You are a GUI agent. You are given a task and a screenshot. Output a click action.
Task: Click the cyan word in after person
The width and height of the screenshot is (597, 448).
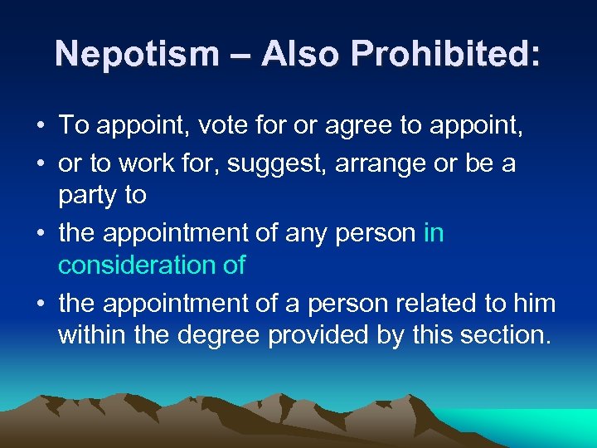434,233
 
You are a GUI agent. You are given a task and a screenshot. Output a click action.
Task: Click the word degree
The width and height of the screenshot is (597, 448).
211,337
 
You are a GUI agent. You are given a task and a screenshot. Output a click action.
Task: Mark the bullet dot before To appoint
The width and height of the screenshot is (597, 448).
40,127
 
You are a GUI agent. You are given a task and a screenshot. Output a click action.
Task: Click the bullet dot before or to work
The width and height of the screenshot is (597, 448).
40,163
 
